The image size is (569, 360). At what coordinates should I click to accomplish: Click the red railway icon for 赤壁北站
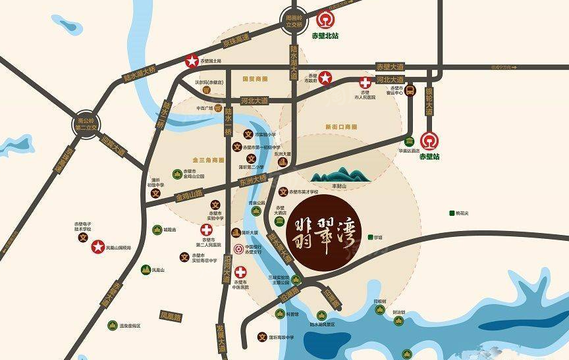[x=326, y=21]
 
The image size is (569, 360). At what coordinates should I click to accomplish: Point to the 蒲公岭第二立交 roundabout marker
[x=86, y=123]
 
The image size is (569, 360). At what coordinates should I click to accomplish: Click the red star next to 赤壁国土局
[x=191, y=61]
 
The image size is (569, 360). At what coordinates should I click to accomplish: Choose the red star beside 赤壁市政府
[x=325, y=78]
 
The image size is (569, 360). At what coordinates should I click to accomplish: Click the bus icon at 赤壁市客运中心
[x=409, y=91]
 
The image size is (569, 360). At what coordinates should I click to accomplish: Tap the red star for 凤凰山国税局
[x=97, y=246]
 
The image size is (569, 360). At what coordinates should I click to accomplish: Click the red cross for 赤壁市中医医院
[x=241, y=272]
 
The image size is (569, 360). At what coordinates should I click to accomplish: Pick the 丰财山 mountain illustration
[x=341, y=174]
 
